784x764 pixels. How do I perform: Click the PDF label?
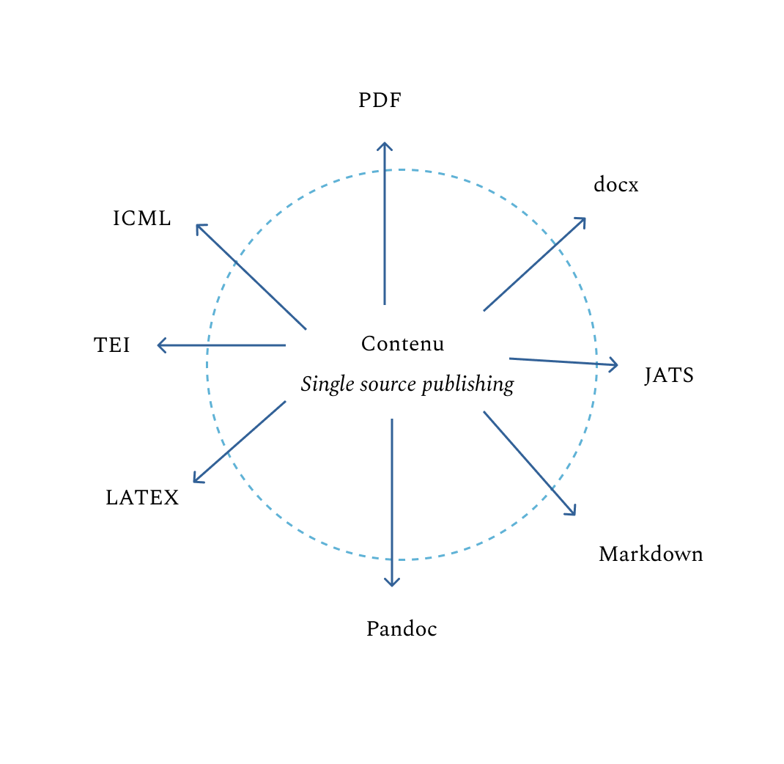tap(380, 100)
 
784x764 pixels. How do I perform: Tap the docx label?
tap(615, 185)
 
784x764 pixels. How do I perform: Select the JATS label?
tap(669, 375)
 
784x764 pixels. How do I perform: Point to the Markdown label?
tap(651, 554)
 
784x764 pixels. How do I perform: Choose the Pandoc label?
tap(402, 629)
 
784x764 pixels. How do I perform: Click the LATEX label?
tap(142, 498)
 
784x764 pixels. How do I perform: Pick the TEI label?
tap(112, 345)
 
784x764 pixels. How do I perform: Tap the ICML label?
tap(141, 218)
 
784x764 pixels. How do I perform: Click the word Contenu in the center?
tap(402, 344)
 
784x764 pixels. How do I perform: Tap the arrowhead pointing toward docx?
tap(583, 220)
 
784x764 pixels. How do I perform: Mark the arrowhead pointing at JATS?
tap(615, 364)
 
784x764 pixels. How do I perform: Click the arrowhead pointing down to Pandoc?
tap(392, 583)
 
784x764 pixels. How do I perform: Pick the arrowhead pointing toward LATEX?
tap(196, 480)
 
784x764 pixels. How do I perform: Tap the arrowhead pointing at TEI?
tap(160, 345)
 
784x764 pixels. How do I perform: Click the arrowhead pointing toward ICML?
tap(199, 227)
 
